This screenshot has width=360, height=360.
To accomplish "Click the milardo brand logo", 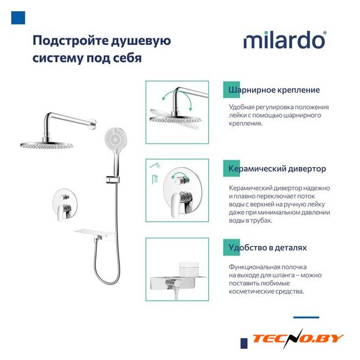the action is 285,40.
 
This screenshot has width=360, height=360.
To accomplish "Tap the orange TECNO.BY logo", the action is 298,339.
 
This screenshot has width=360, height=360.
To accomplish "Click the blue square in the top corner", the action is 18,17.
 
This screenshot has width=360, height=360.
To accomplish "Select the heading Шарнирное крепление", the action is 274,90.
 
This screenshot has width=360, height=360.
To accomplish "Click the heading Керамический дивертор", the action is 277,169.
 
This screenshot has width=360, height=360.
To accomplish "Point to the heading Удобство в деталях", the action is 268,247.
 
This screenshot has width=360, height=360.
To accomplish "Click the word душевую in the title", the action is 141,41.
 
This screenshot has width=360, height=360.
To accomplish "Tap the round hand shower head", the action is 115,138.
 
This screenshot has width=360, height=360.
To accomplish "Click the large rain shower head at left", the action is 47,145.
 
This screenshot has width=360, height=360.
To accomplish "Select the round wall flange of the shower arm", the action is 93,123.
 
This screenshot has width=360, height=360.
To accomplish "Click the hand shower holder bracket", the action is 112,179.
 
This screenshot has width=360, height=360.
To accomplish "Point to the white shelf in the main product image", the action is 94,234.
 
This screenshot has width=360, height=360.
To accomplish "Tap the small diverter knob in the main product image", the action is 64,197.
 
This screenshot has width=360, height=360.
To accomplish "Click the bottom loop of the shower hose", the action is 107,280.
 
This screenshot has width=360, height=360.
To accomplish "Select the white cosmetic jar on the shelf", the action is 189,268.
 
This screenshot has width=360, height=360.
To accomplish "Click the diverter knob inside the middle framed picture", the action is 181,181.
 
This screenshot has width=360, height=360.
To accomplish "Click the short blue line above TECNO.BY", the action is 306,317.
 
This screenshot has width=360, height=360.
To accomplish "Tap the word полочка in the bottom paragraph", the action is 294,267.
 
